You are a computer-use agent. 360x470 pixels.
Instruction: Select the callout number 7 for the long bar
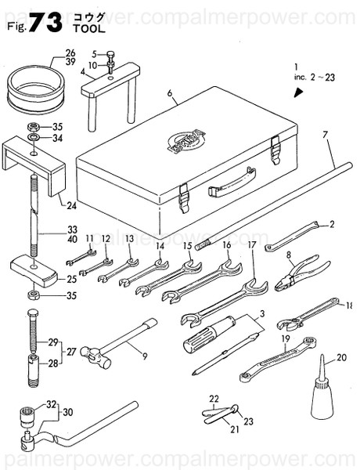(x=325, y=136)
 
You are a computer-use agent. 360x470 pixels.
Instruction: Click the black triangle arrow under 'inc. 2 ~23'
(x=298, y=92)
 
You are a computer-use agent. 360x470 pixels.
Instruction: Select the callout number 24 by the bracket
(x=71, y=207)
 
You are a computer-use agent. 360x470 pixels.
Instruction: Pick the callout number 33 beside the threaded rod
(x=72, y=231)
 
